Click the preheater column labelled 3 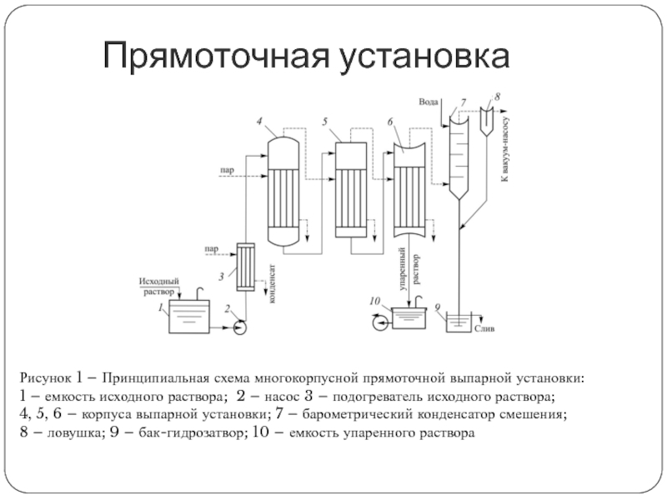pyautogui.click(x=246, y=267)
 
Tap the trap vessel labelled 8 pyautogui.click(x=489, y=122)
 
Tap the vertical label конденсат pyautogui.click(x=272, y=283)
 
